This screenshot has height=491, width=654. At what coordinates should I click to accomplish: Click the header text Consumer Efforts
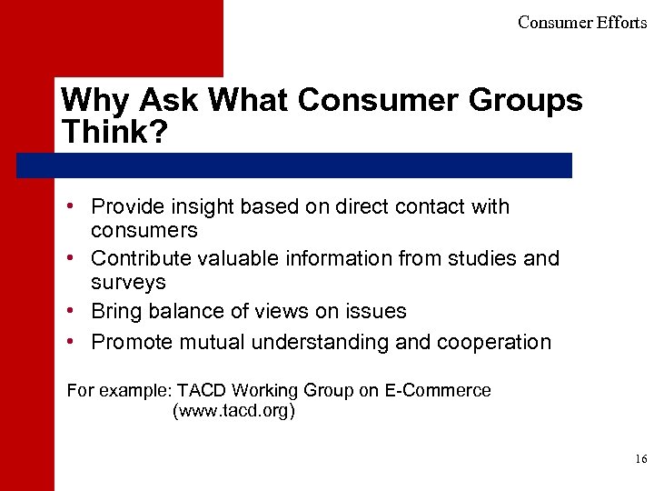[581, 23]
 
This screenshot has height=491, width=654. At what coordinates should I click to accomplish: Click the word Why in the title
[86, 100]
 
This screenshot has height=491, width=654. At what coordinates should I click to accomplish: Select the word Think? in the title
[114, 132]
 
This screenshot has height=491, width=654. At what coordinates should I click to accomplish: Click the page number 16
[640, 460]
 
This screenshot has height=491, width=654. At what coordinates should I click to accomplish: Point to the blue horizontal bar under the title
[294, 165]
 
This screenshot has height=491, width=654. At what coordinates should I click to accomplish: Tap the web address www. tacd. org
[233, 411]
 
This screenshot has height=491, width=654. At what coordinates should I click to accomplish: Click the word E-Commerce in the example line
[438, 391]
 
